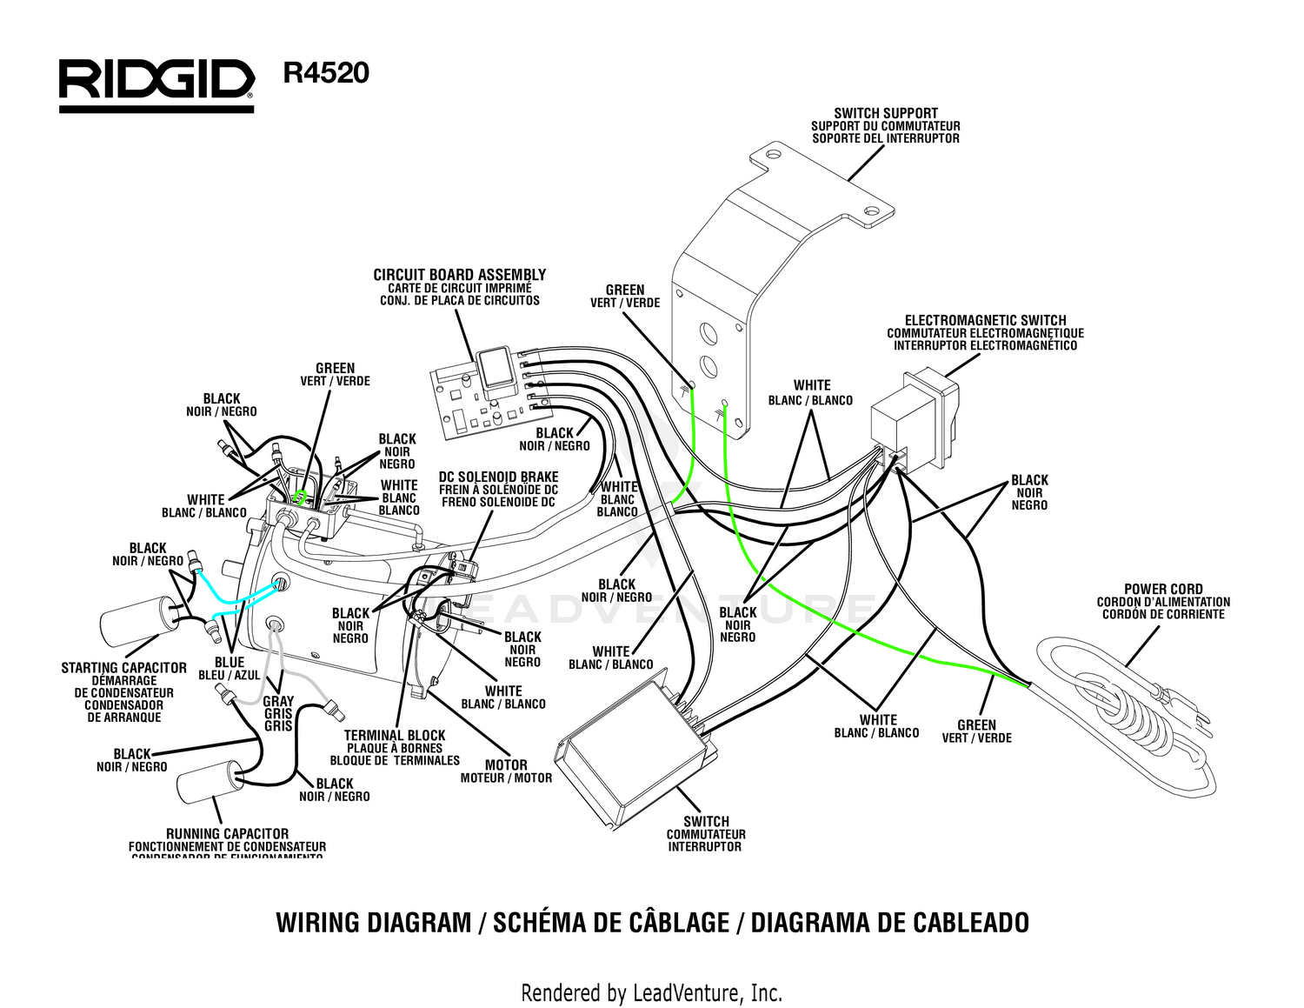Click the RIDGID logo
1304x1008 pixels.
(x=156, y=84)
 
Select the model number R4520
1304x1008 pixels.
(x=326, y=73)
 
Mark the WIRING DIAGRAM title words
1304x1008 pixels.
(x=374, y=922)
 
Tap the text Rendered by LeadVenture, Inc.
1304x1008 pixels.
(x=651, y=992)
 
